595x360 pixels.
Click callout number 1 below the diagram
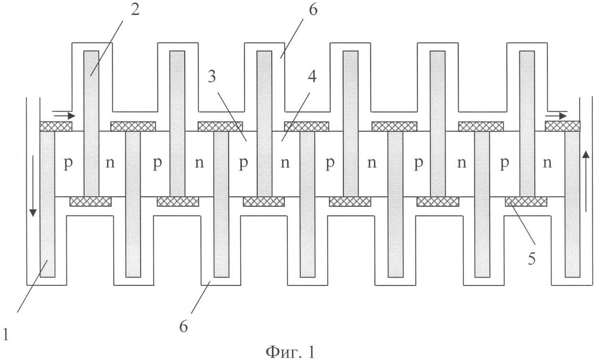[x=6, y=335]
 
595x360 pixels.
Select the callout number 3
[x=212, y=77]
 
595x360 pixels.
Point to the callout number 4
[x=312, y=77]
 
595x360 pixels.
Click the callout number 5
[x=531, y=259]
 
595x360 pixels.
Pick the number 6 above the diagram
[x=313, y=10]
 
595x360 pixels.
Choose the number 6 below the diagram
[x=184, y=326]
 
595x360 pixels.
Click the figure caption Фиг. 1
[x=290, y=352]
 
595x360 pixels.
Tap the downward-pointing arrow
[x=33, y=186]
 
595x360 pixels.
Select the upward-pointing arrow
[x=585, y=181]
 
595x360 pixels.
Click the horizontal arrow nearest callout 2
[x=64, y=116]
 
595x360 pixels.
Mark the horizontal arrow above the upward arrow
[x=556, y=116]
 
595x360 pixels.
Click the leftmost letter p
[x=68, y=163]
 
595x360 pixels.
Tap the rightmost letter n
[x=547, y=162]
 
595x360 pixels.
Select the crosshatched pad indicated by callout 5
[x=526, y=202]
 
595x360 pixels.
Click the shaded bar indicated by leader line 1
[x=47, y=204]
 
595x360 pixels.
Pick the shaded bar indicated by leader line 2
[x=91, y=124]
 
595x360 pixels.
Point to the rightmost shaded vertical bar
[x=573, y=204]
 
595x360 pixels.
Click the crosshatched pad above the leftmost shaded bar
[x=56, y=126]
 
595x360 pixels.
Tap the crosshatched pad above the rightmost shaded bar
[x=562, y=126]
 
